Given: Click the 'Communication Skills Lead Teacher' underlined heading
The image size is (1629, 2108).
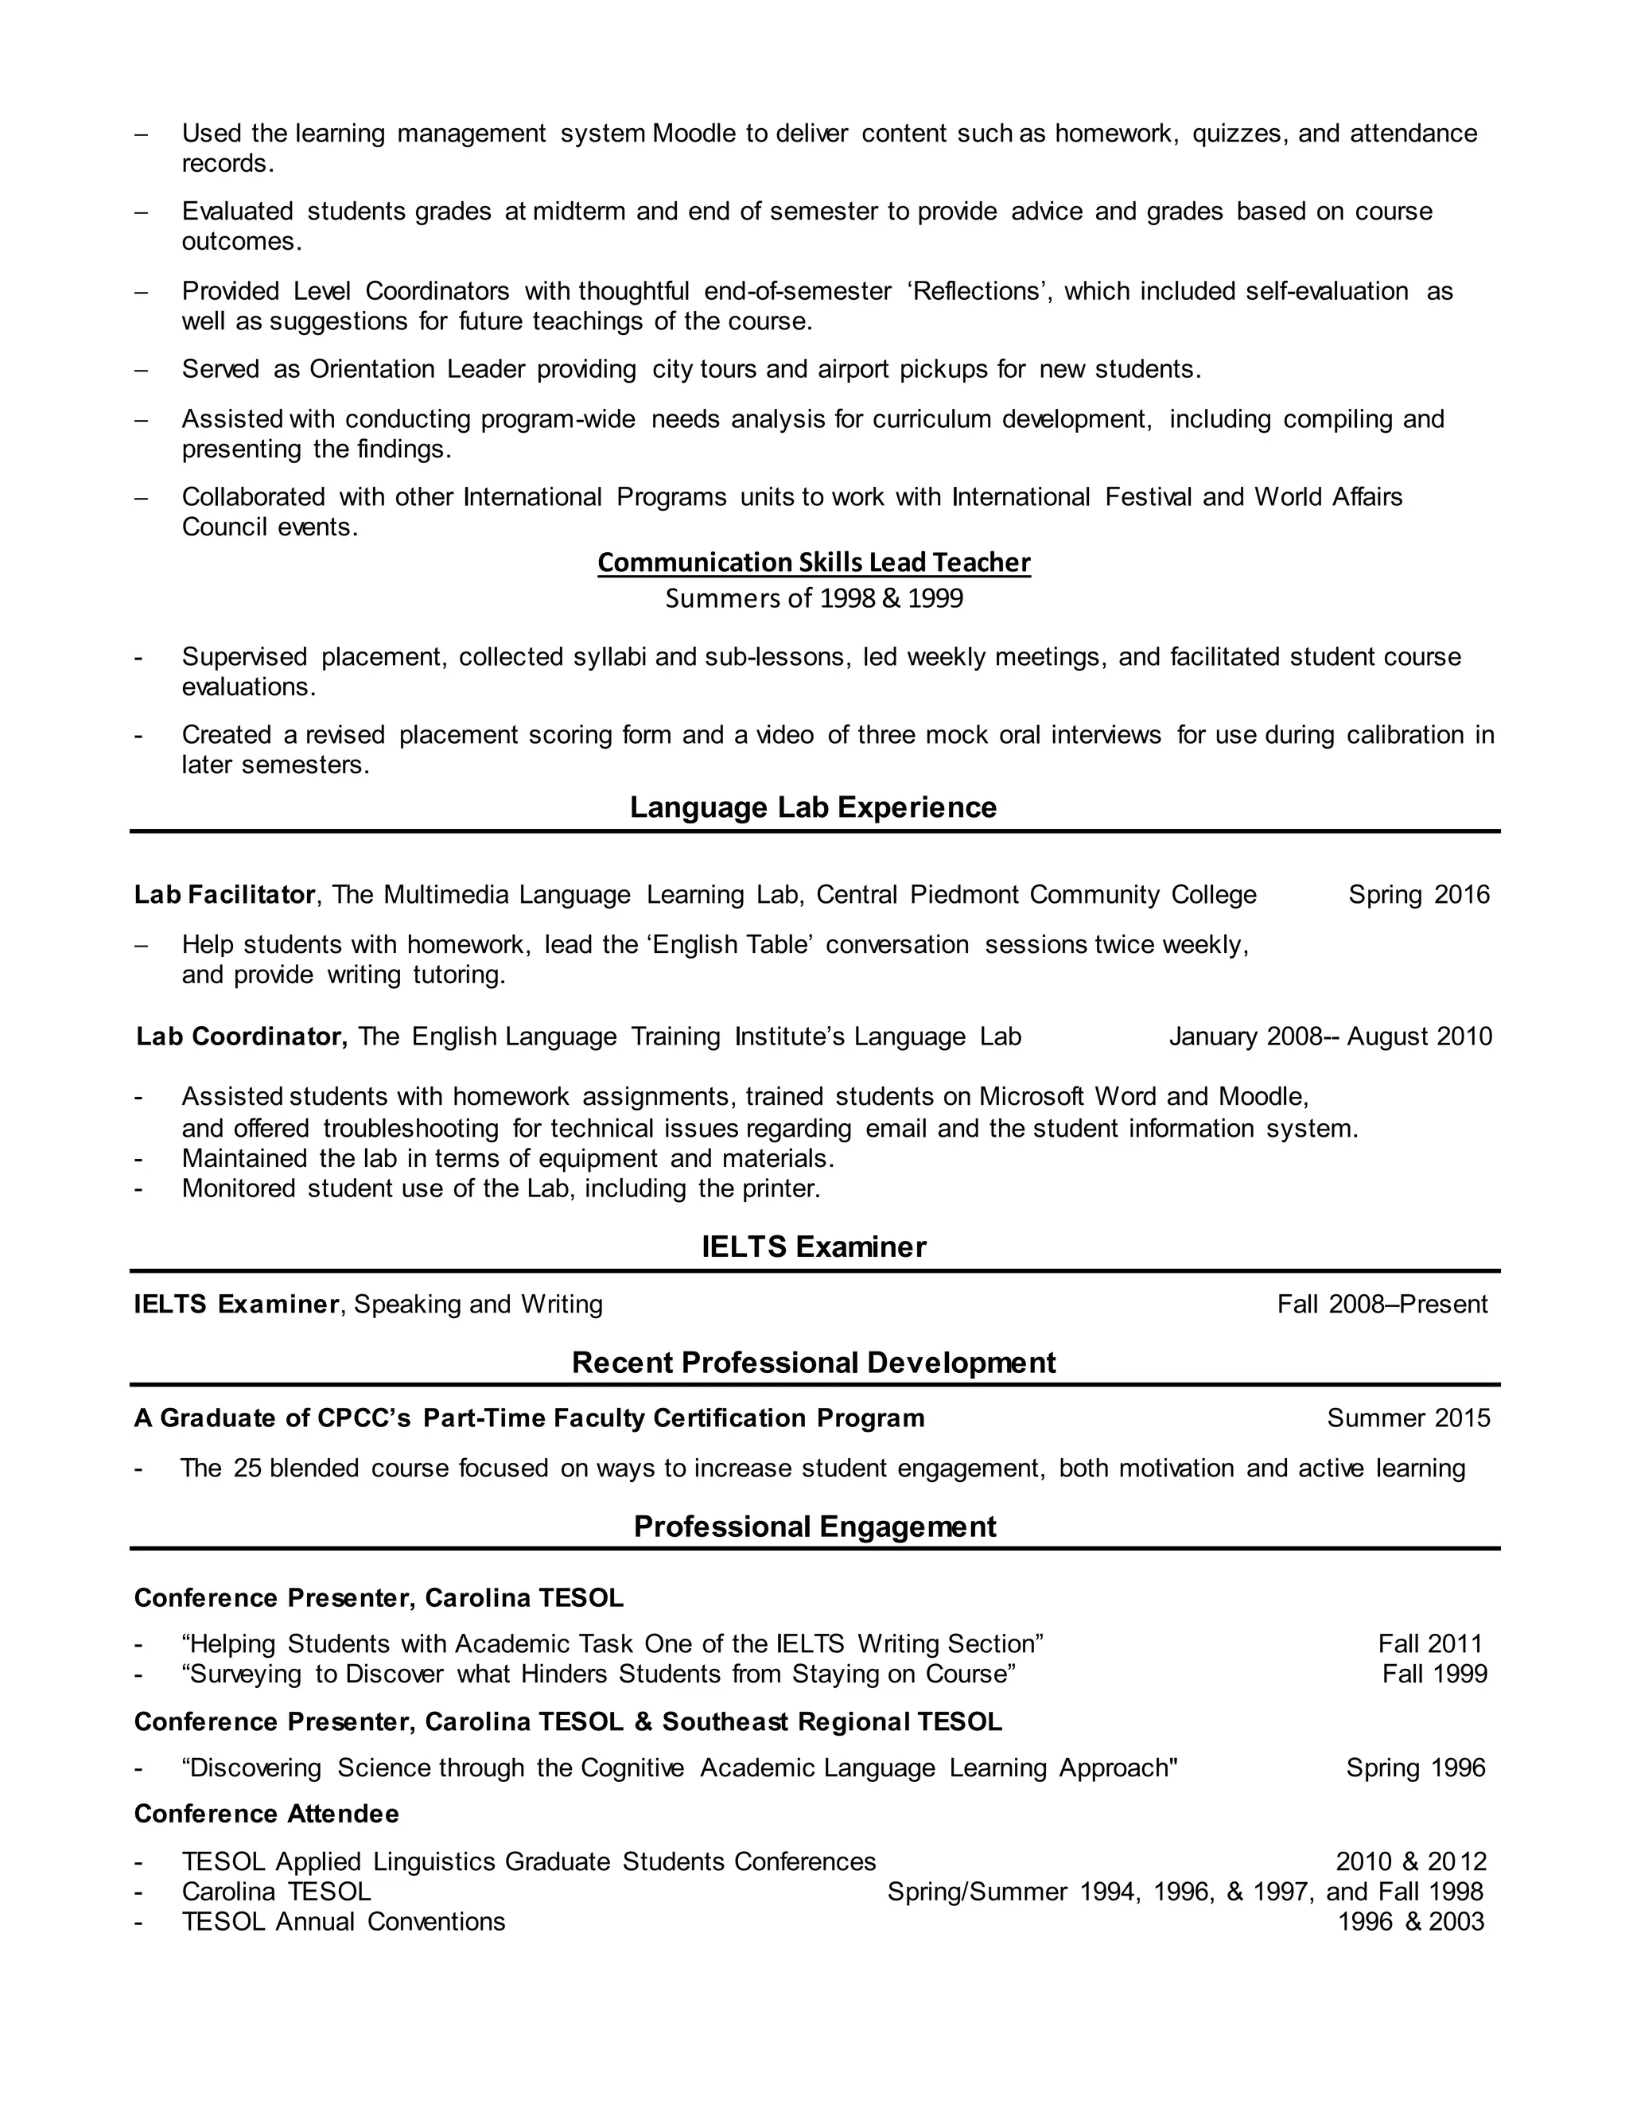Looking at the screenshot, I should click(814, 562).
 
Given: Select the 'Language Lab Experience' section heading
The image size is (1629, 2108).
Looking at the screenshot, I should click(813, 807).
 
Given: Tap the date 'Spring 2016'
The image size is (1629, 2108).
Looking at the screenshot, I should click(1419, 895).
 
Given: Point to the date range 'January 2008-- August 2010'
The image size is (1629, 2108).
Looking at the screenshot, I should click(1330, 1036).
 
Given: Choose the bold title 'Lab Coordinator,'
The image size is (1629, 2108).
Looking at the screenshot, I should click(241, 1036).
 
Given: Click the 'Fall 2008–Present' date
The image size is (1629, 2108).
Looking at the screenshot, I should click(1382, 1304).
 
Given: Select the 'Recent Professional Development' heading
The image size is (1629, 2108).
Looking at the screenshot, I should click(814, 1362).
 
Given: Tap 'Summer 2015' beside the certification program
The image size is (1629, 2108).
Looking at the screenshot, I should click(1408, 1418).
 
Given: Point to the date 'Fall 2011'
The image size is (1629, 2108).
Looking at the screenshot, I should click(1429, 1643).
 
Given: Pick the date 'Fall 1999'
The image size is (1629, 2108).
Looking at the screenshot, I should click(1434, 1674).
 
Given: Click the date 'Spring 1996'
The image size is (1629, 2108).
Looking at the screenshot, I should click(1416, 1768).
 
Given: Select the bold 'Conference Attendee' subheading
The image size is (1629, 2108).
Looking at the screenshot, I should click(266, 1814).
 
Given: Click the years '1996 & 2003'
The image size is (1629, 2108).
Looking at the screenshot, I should click(1411, 1921).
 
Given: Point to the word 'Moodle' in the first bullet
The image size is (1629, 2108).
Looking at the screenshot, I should click(694, 133).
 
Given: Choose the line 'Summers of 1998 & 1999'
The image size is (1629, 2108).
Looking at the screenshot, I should click(814, 598).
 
